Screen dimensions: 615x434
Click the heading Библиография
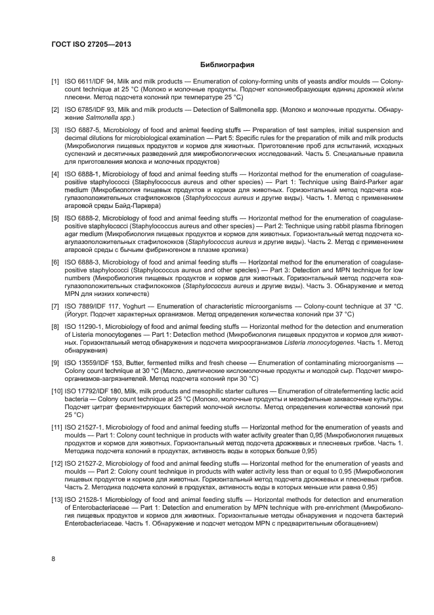(x=227, y=64)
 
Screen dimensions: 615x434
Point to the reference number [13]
(x=58, y=500)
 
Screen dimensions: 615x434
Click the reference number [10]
(x=58, y=391)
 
